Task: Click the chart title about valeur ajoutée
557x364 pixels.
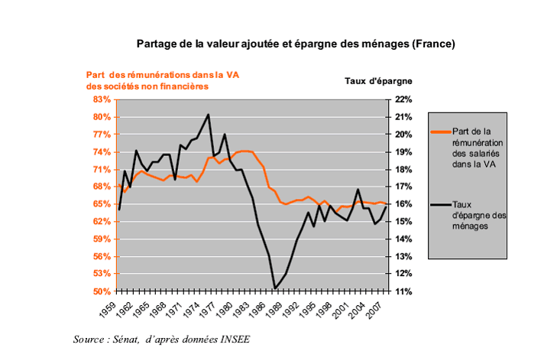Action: (296, 44)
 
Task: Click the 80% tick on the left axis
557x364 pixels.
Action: (102, 117)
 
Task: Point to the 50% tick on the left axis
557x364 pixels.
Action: (102, 291)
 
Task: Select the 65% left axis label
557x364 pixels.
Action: (102, 204)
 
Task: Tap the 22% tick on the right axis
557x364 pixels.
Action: (404, 99)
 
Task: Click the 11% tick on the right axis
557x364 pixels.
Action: (404, 291)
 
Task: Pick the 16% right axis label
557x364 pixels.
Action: (404, 204)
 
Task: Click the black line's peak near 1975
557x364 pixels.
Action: (209, 115)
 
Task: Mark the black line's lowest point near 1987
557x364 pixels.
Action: (274, 288)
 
